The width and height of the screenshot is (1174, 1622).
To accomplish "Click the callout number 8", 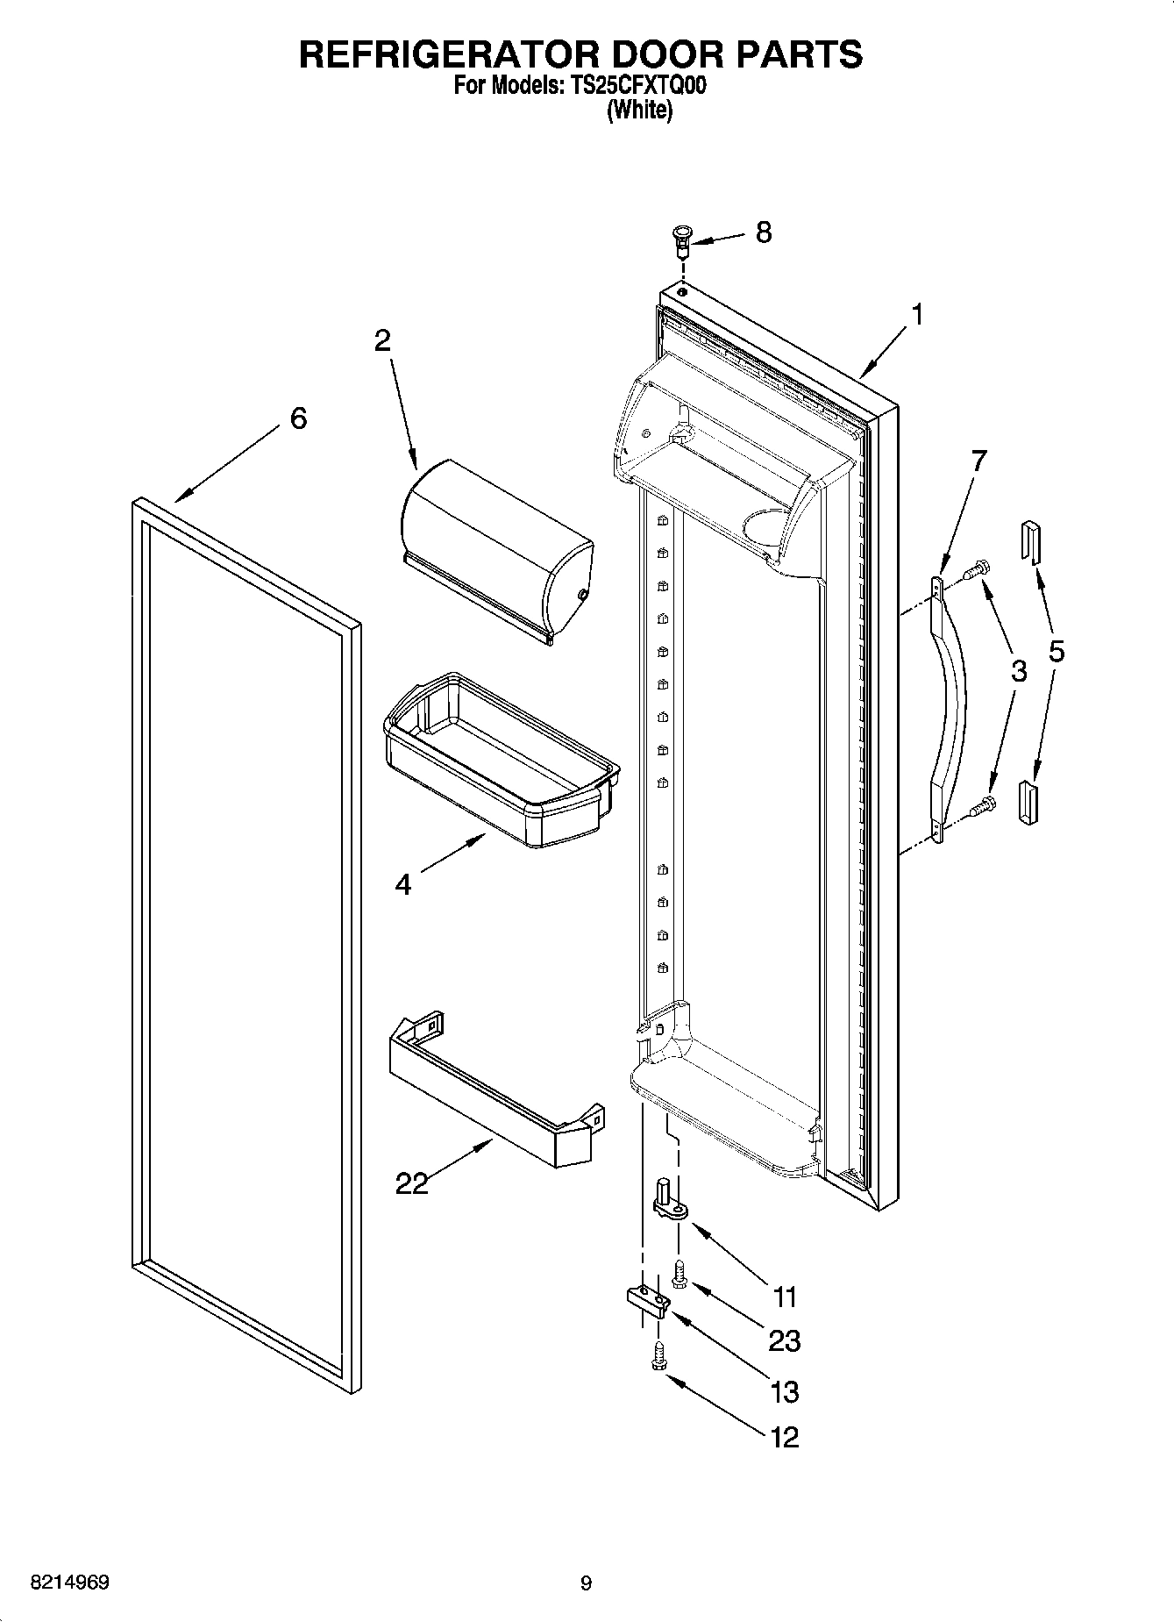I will (763, 232).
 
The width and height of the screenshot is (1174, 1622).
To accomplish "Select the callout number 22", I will (412, 1183).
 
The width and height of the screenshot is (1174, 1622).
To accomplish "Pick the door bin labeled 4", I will (500, 759).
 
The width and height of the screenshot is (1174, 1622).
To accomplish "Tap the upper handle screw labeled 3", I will (975, 571).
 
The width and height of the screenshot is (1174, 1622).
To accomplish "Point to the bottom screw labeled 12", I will (658, 1358).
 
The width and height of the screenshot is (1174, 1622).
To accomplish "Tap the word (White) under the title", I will (639, 111).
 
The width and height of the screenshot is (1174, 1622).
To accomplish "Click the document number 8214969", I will (70, 1583).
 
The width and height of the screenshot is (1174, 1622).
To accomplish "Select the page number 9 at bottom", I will (586, 1583).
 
